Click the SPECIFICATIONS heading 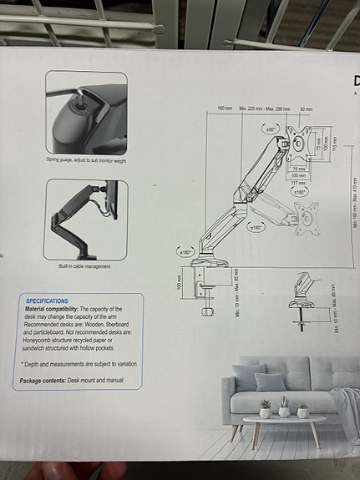(47, 301)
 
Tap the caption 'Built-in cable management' (84, 267)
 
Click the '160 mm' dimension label (225, 109)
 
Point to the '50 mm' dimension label (306, 109)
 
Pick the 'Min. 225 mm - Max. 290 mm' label (265, 109)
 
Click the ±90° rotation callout (271, 129)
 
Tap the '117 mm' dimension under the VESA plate (298, 184)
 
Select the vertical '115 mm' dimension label (335, 144)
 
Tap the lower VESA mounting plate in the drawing (307, 217)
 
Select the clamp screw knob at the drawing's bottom (208, 311)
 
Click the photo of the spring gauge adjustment (86, 112)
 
